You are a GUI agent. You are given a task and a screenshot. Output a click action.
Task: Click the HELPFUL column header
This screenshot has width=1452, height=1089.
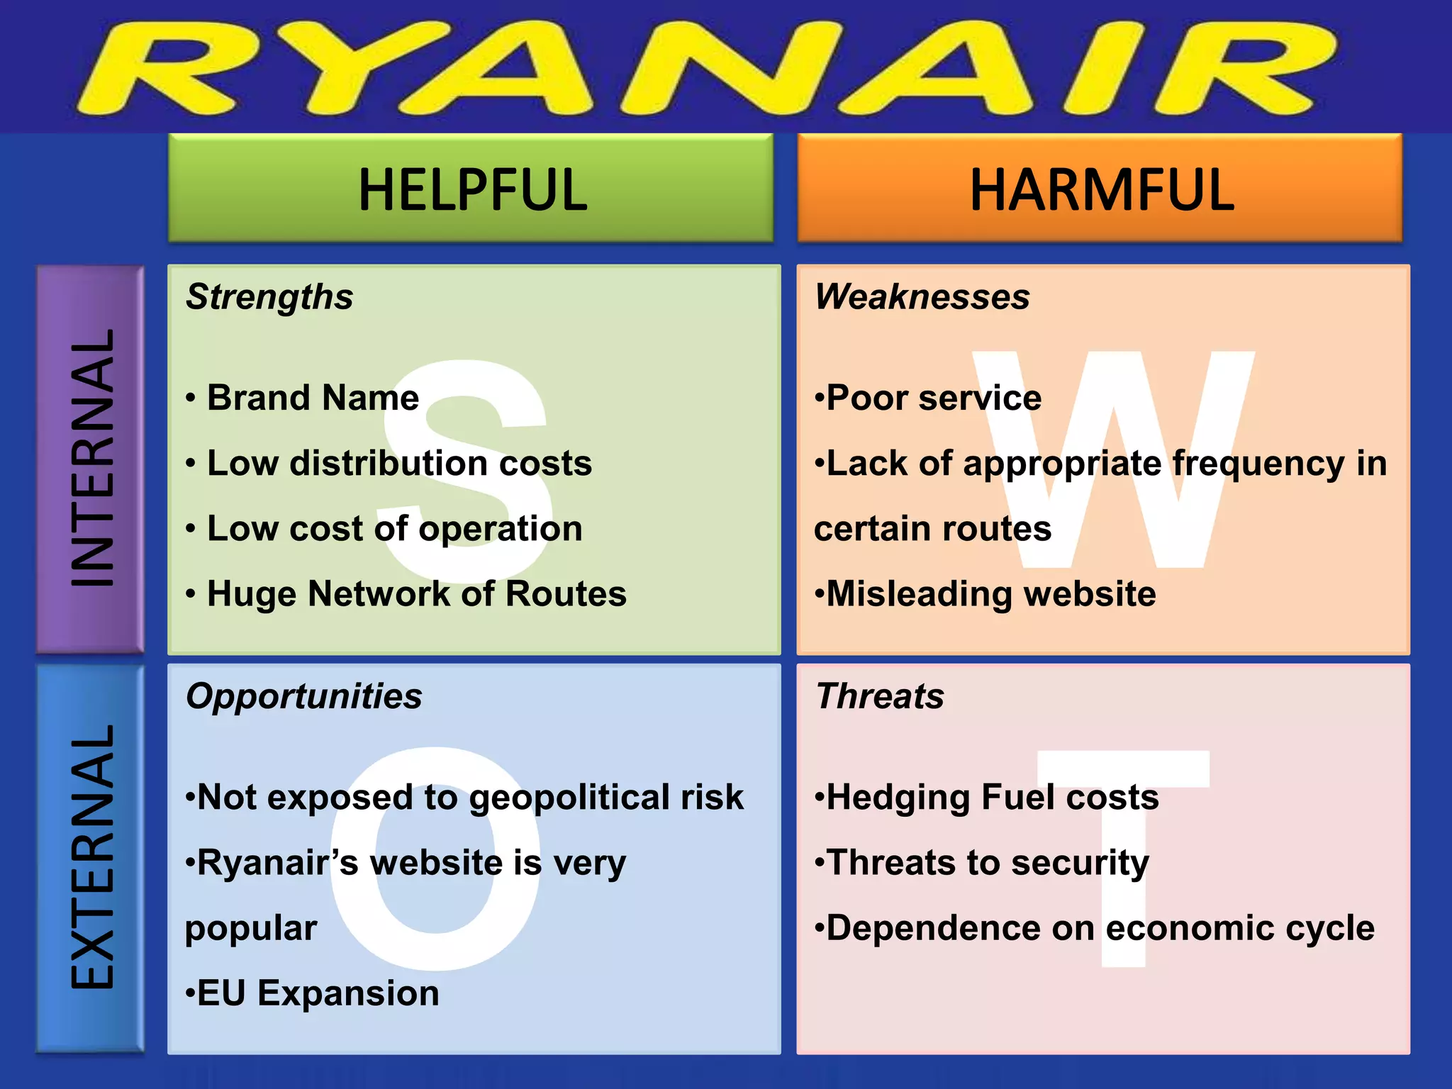[472, 189]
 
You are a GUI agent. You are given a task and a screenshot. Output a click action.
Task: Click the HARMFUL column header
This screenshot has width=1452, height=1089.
[1101, 189]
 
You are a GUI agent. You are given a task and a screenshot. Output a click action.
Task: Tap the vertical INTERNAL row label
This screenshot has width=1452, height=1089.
[91, 458]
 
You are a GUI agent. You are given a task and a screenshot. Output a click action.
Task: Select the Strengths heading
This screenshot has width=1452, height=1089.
[269, 297]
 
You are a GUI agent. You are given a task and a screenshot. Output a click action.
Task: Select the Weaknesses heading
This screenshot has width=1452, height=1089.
[922, 296]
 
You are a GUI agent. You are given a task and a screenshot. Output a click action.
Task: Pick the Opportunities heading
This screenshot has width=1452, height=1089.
[303, 696]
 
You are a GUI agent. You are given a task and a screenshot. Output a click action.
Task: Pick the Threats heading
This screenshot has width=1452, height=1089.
[880, 696]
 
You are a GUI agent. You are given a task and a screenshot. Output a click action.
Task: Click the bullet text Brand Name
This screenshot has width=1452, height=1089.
[313, 398]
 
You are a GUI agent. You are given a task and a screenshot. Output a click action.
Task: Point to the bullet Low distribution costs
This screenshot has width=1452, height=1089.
[399, 464]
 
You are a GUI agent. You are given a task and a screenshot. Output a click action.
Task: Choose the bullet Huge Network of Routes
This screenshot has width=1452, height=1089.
[416, 594]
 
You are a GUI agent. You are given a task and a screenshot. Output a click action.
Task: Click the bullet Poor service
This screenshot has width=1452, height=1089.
[933, 398]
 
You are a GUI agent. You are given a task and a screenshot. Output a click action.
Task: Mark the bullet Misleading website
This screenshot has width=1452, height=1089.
[990, 594]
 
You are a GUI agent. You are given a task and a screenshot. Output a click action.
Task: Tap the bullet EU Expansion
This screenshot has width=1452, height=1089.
[318, 993]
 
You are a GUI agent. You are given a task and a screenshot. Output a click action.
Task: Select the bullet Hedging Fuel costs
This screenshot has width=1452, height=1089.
[992, 798]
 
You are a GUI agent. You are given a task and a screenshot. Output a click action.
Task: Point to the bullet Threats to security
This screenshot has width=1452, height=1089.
[987, 863]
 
